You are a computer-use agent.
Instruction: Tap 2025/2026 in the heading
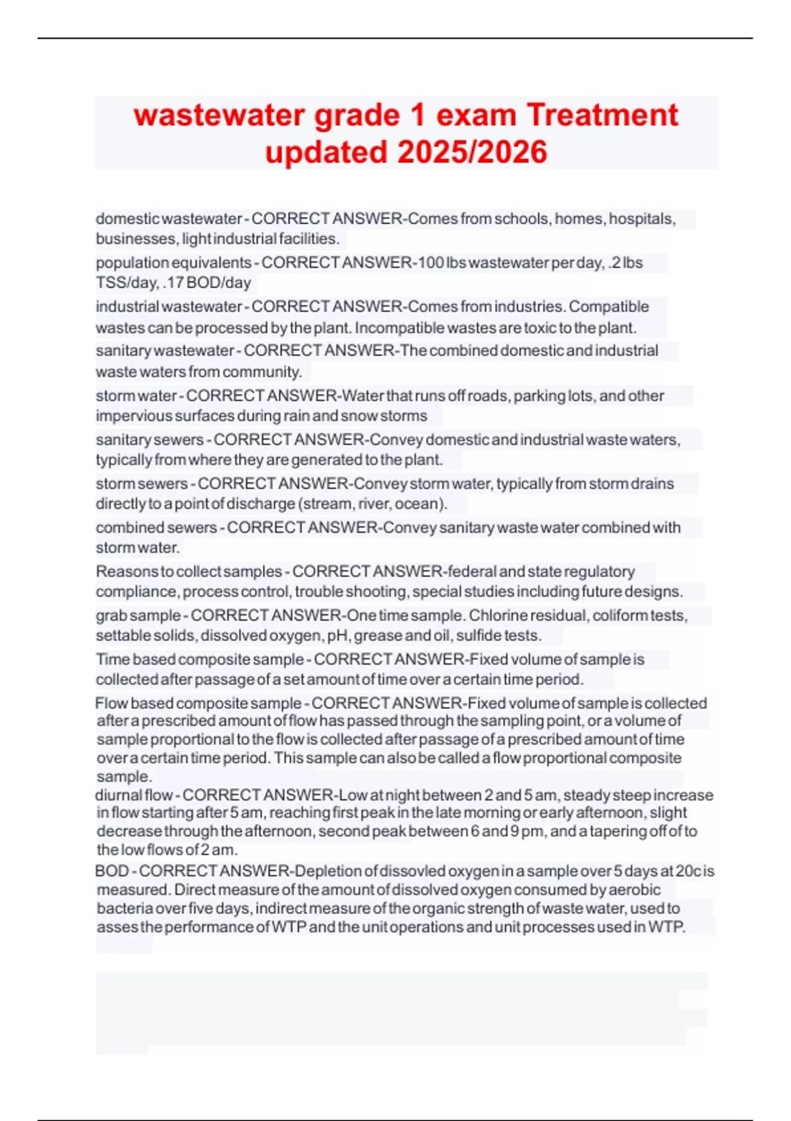(x=473, y=152)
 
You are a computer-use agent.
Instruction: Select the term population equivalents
(x=173, y=263)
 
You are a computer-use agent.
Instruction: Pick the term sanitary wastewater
(x=165, y=351)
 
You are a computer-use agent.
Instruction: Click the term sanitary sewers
(x=150, y=440)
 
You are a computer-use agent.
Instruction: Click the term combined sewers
(x=156, y=528)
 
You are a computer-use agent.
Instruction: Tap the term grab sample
(x=138, y=616)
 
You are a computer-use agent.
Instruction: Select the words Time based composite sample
(x=199, y=660)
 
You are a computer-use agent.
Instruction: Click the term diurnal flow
(x=134, y=795)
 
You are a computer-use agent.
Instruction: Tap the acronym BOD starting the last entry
(x=112, y=871)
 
